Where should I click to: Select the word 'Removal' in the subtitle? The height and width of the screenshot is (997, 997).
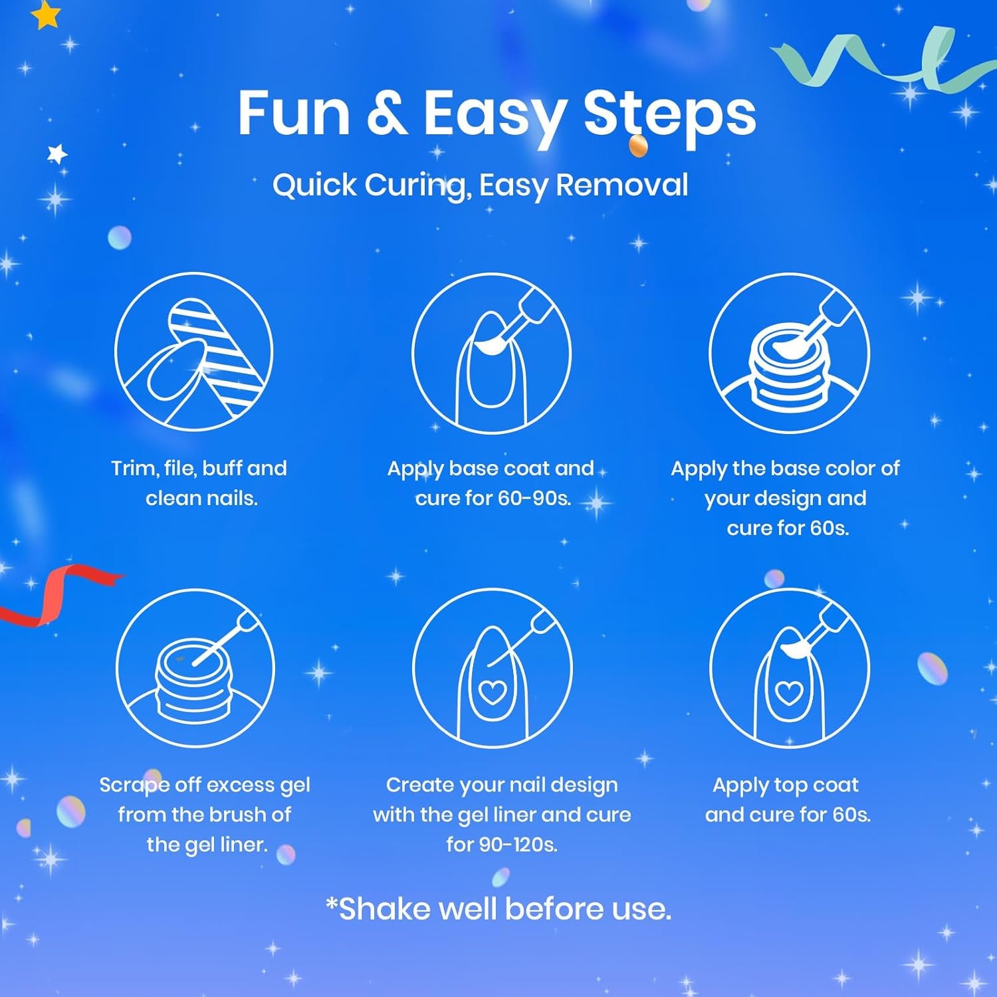(x=622, y=185)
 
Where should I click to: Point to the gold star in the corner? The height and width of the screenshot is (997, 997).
(x=46, y=15)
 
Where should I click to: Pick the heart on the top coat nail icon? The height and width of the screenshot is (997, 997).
(x=789, y=694)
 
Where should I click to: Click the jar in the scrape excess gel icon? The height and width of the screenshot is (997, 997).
(x=195, y=685)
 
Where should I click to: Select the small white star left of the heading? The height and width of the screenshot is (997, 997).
(x=58, y=154)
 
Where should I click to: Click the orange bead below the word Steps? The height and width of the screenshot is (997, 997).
(x=638, y=146)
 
